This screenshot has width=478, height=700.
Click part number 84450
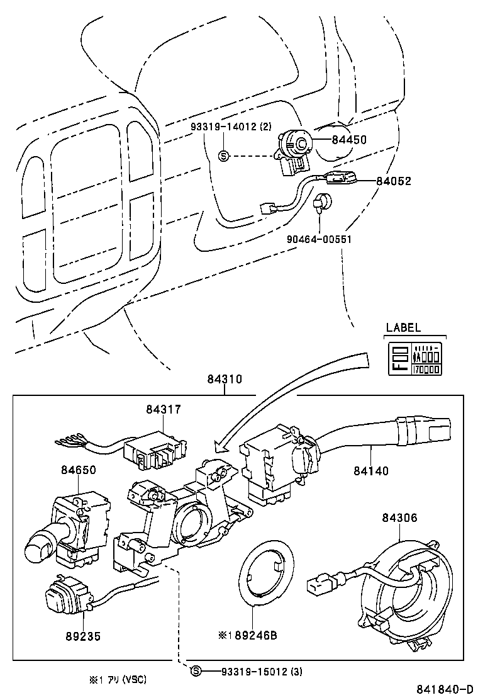point(349,140)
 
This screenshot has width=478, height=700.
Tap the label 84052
point(393,181)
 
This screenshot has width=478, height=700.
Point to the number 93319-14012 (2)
point(231,127)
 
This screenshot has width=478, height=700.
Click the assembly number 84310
point(225,380)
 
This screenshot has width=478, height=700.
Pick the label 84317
point(164,410)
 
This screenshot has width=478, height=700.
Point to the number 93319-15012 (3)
point(262,672)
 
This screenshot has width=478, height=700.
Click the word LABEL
point(403,328)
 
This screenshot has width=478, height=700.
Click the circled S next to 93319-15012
point(196,672)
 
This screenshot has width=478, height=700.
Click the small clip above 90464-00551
point(321,203)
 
